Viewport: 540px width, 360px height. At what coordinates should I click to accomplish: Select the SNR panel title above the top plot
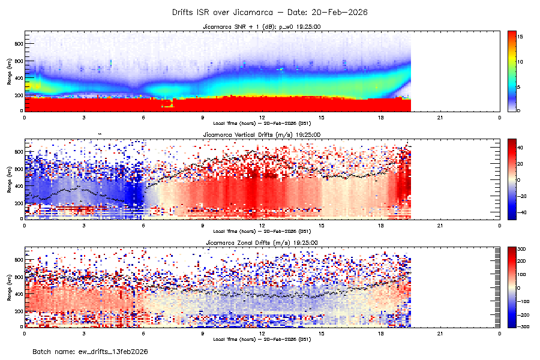[262, 27]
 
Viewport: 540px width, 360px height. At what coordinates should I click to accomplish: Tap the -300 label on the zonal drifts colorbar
[522, 326]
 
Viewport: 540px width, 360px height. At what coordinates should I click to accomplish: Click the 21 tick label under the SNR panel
[440, 117]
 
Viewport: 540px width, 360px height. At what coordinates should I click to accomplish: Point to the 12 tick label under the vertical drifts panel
[262, 225]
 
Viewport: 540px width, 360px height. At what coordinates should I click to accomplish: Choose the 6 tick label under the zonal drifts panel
[143, 332]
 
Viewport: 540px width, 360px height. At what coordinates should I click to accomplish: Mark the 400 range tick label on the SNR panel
[18, 78]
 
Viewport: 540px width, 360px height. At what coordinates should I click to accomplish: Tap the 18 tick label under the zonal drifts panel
[380, 332]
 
